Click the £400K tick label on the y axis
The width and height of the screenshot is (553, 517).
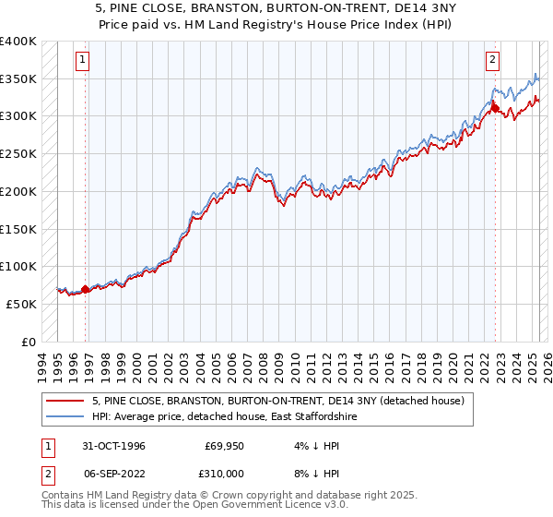18,42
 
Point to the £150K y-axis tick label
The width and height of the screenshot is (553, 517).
18,228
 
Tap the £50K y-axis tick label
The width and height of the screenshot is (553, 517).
22,303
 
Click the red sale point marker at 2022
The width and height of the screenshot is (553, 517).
495,110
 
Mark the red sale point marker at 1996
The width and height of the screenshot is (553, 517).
86,289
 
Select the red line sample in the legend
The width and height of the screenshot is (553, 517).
65,400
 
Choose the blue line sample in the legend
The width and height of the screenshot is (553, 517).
65,416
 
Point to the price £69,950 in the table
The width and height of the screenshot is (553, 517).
224,446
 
